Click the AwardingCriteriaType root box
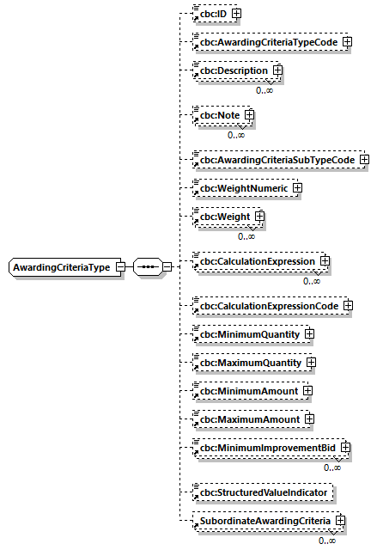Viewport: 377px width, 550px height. (x=61, y=267)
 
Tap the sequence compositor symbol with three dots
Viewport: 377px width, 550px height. (x=148, y=267)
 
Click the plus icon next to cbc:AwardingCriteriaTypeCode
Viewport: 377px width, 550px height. (x=347, y=41)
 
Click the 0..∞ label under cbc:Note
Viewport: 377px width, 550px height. (x=237, y=135)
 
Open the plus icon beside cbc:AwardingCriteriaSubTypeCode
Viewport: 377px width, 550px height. (x=364, y=159)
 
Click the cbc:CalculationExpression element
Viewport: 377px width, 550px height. (x=257, y=260)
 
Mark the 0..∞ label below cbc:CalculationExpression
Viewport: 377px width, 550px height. (x=312, y=281)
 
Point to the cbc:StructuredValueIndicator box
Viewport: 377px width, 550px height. (x=262, y=492)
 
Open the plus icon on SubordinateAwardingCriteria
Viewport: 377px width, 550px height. (x=341, y=521)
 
